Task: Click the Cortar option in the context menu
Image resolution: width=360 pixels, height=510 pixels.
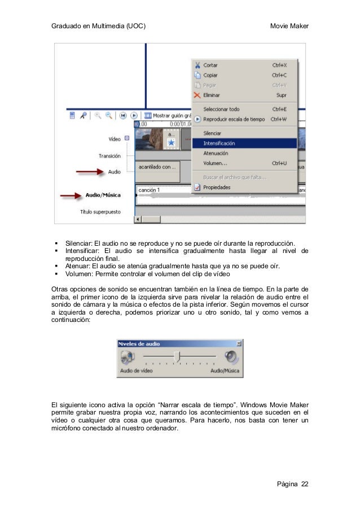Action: click(210, 66)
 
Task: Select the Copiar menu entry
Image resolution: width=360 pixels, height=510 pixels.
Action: click(210, 75)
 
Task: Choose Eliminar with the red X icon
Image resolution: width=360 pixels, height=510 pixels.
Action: click(212, 95)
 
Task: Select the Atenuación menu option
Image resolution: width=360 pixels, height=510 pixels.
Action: click(216, 153)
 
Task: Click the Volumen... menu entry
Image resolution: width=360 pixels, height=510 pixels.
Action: click(215, 163)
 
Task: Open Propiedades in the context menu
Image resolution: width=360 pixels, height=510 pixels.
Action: click(217, 188)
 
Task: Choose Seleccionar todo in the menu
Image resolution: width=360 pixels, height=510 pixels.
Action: click(221, 109)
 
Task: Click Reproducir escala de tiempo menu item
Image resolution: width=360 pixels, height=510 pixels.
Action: click(234, 119)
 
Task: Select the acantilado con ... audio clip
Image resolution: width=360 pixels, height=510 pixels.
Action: click(157, 167)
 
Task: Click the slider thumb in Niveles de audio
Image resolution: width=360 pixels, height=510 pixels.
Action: click(177, 356)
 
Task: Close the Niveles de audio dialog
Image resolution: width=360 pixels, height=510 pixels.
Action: click(239, 343)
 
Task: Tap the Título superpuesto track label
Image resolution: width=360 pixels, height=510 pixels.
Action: click(99, 212)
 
